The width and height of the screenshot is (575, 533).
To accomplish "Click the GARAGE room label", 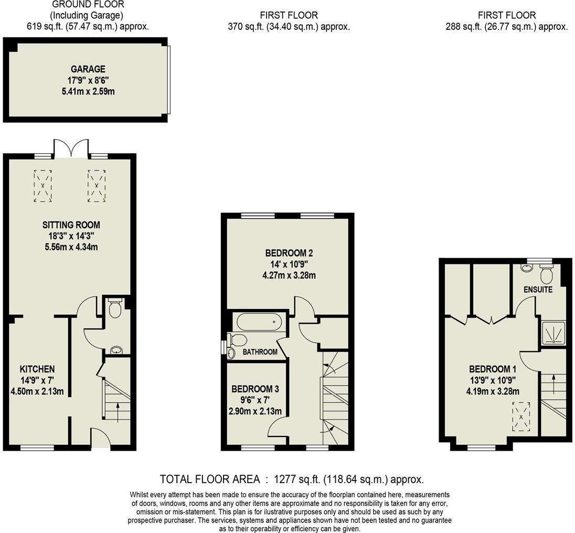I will coord(88,69).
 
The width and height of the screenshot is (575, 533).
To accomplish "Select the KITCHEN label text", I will coord(37,369).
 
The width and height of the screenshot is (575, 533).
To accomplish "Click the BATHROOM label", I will coord(260,352).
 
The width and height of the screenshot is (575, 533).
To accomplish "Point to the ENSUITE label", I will coord(538,290).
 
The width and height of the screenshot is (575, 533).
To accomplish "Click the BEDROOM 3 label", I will coord(255,389).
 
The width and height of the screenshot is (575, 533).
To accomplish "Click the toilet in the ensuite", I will coord(547,274).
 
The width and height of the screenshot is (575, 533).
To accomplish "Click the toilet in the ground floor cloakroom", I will coord(114,308).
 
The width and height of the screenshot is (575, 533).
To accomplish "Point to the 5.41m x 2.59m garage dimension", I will coord(88,91).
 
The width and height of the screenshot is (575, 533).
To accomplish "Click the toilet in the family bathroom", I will coord(239,339).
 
